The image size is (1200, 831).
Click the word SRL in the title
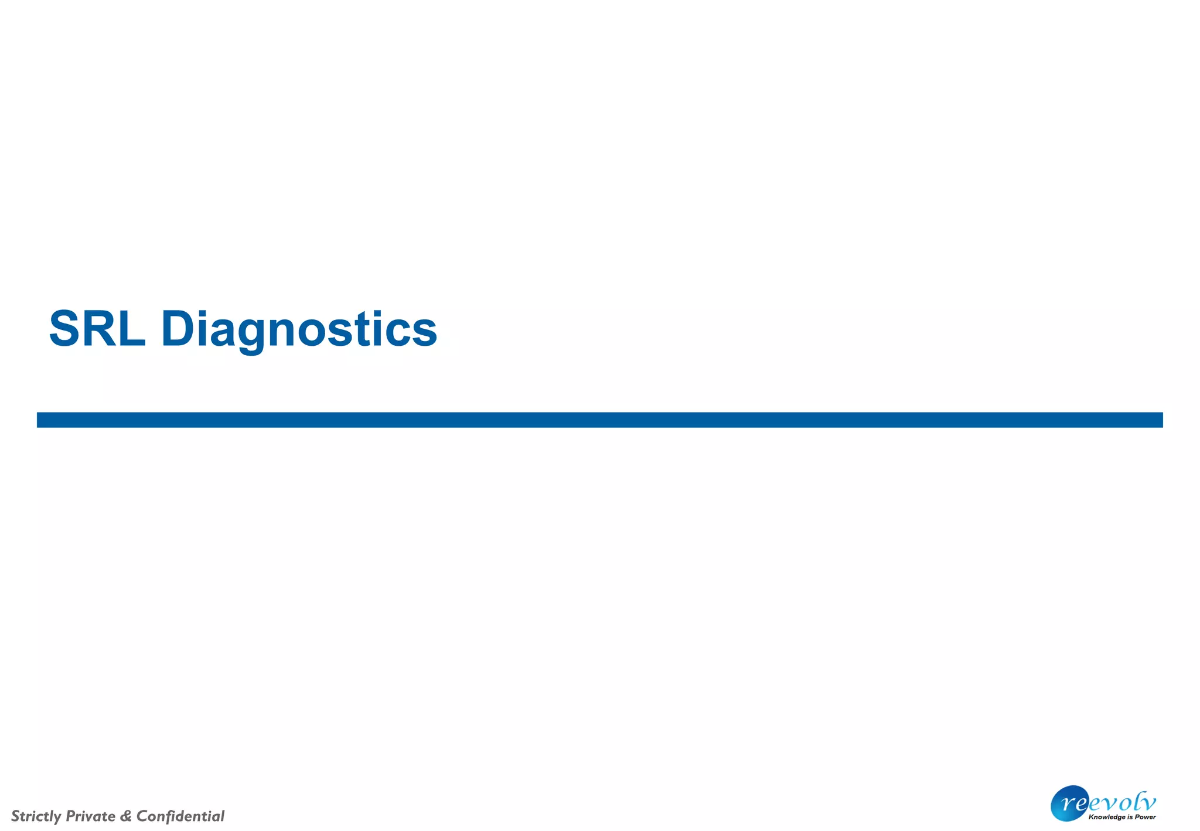click(97, 329)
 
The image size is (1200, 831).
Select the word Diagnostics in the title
click(299, 330)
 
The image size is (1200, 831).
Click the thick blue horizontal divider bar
click(599, 420)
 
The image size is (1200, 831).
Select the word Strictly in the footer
click(36, 816)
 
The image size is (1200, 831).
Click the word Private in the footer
click(90, 816)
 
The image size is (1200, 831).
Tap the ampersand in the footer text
click(125, 816)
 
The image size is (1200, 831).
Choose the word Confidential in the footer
click(180, 816)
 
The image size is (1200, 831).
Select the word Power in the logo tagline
click(1145, 817)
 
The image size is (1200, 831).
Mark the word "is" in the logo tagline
click(1130, 817)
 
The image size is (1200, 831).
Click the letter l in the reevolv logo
click(1137, 801)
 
